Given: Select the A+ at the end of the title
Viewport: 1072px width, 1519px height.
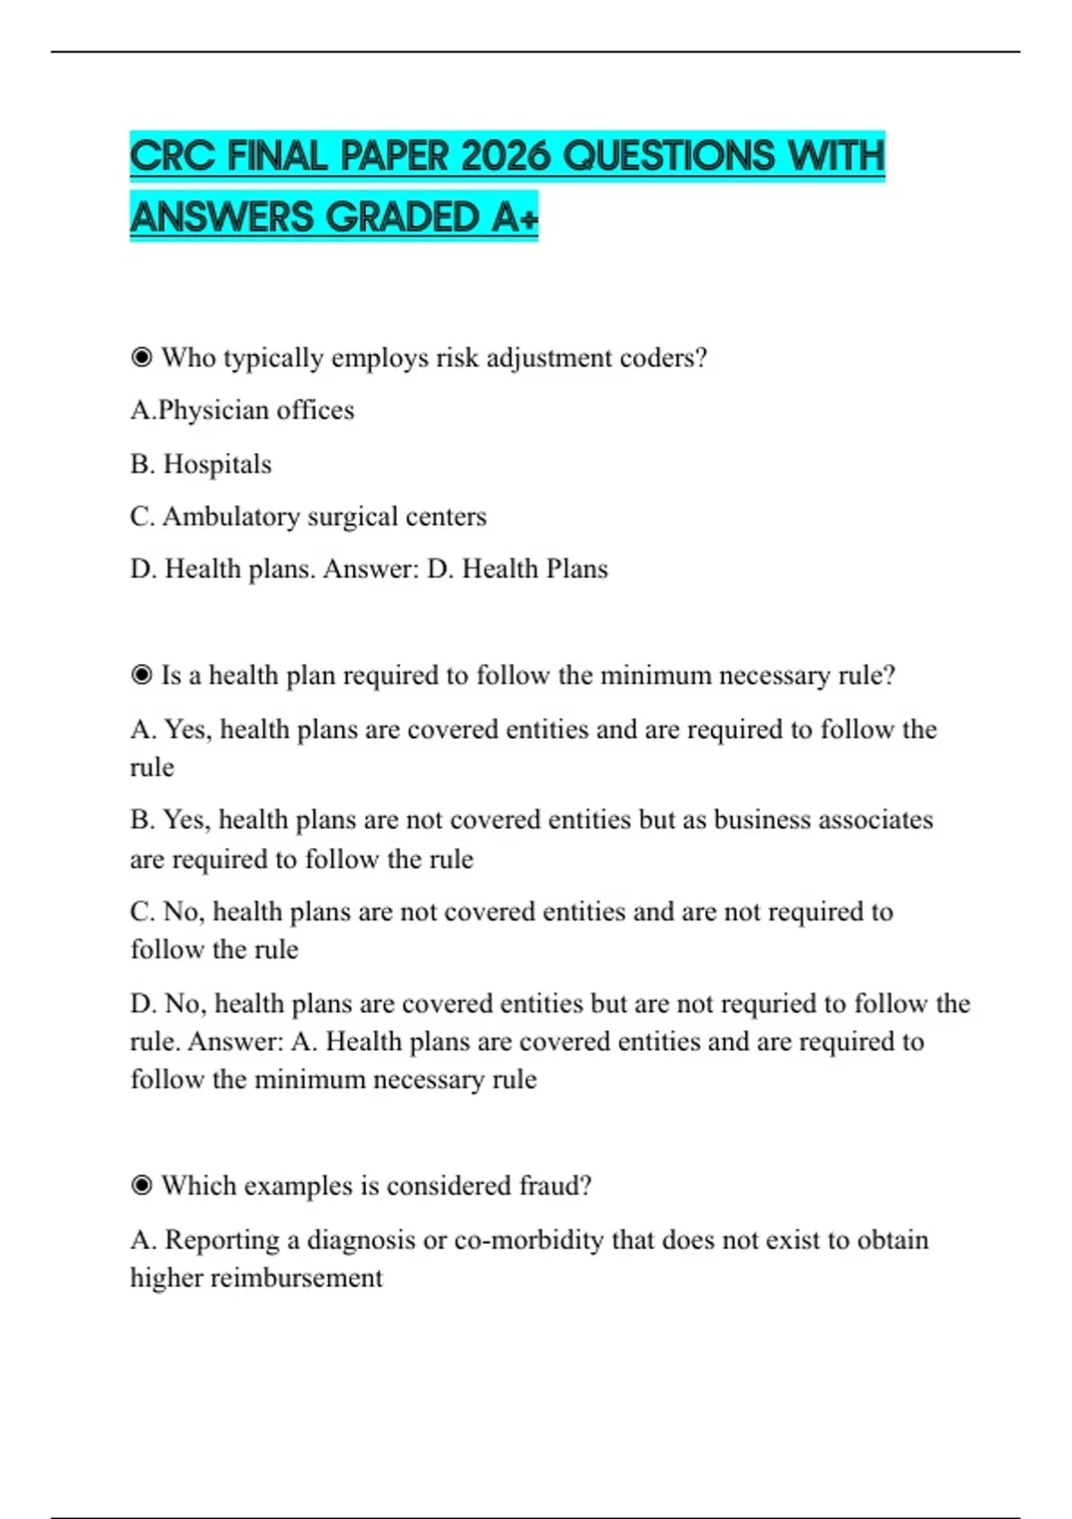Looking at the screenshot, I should click(x=515, y=217).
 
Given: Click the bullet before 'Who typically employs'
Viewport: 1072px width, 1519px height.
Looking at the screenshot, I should click(x=141, y=357).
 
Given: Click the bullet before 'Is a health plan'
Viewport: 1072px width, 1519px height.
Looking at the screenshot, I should click(x=141, y=675).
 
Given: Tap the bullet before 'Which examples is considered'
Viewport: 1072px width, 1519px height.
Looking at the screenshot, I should click(x=141, y=1186).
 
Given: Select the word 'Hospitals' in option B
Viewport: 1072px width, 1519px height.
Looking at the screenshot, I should click(x=217, y=464).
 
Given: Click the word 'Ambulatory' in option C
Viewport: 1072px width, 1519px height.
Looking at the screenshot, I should click(x=230, y=516).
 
